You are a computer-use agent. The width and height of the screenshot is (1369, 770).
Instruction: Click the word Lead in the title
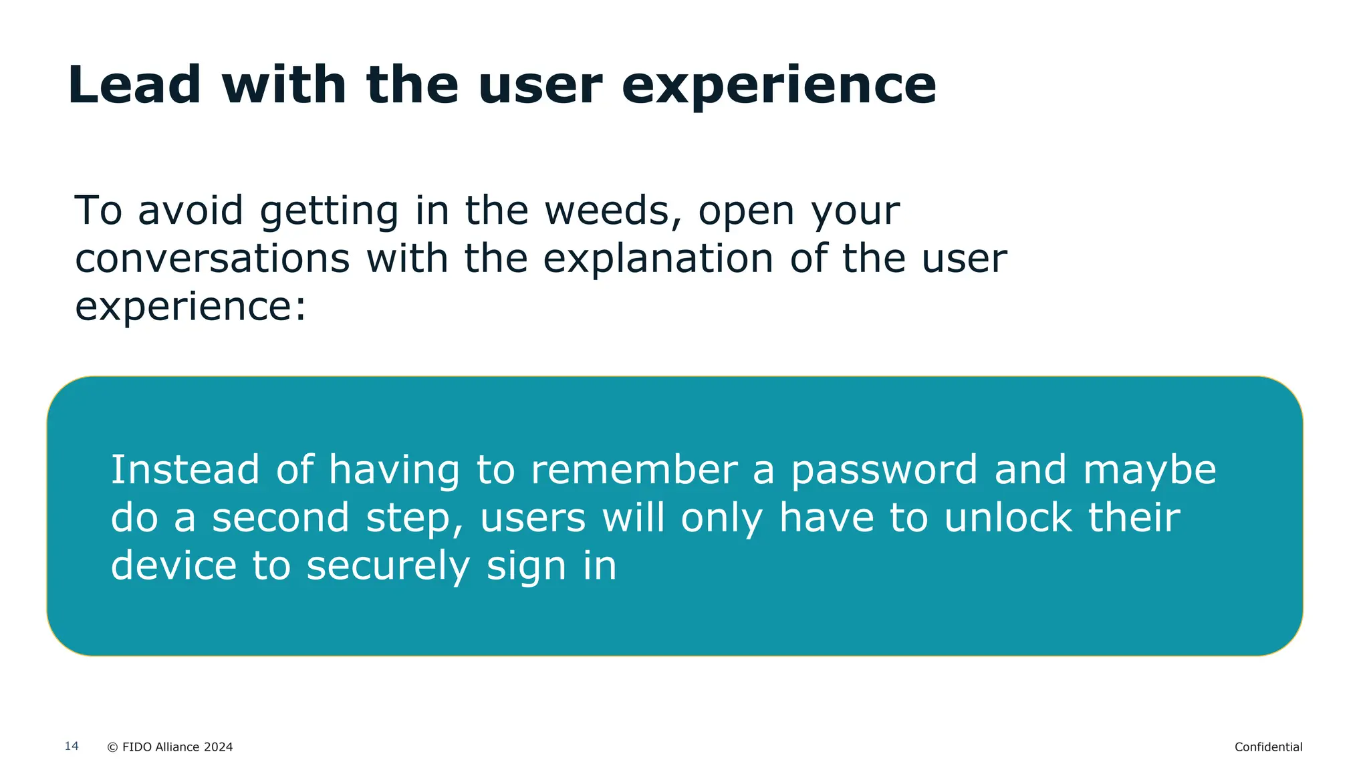point(134,85)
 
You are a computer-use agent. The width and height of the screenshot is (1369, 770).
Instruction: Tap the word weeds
point(607,211)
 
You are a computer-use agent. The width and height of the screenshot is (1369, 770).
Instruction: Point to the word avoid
point(191,211)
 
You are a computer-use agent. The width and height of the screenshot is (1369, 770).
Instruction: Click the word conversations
point(212,259)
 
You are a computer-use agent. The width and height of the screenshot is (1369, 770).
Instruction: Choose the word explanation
point(658,259)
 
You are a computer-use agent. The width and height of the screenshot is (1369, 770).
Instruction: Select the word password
point(884,471)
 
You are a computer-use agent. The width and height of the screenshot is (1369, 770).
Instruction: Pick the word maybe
point(1150,471)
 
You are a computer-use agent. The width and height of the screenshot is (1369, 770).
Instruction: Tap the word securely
point(388,567)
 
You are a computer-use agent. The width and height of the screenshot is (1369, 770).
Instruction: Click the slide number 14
point(72,746)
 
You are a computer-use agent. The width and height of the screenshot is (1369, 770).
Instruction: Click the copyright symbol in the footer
point(112,747)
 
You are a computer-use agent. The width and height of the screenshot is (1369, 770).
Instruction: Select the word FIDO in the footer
point(137,747)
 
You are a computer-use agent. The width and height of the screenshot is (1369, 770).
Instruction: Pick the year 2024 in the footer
point(218,747)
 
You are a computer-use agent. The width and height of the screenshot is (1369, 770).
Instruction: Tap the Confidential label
point(1268,747)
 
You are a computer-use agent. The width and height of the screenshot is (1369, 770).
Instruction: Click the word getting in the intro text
point(329,212)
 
